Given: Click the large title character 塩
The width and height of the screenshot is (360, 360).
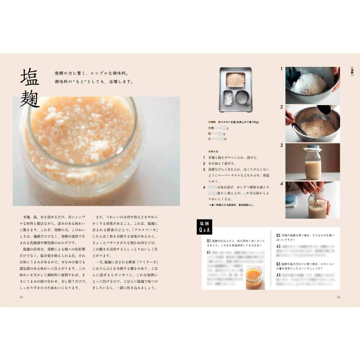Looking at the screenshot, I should pos(30,77).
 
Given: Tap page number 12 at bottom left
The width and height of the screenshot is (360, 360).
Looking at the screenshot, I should pos(21,297).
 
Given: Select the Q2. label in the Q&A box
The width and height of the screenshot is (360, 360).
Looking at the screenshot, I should pos(279,234).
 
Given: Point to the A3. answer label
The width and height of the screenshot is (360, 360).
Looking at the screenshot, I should pos(279,275).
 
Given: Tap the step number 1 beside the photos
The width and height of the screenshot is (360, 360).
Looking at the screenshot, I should pos(282,69).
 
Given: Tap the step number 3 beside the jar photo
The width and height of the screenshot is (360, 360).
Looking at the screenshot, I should pos(282,145).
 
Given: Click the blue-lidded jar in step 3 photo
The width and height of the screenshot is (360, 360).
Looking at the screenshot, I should pos(312,162).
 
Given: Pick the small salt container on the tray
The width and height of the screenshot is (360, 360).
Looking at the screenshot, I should pos(228,98).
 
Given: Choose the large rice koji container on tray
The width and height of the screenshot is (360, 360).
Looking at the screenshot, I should pos(235,80).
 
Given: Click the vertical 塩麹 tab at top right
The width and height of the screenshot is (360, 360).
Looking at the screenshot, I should pos(352,72).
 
